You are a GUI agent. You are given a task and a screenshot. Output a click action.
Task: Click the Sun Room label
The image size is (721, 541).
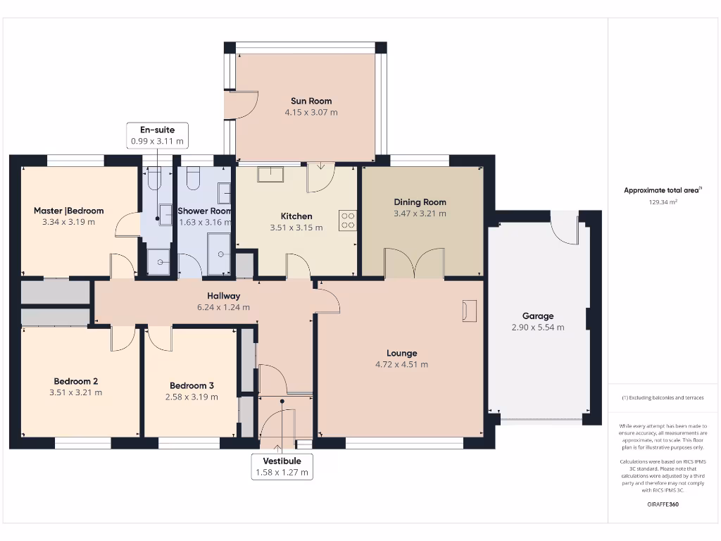[x=311, y=101]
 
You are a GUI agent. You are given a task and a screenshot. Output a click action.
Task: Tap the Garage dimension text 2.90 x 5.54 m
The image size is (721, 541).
[x=538, y=328]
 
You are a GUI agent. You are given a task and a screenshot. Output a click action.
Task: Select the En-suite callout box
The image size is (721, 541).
[x=157, y=135]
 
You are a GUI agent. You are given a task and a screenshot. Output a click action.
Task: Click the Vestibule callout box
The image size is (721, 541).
[x=282, y=466]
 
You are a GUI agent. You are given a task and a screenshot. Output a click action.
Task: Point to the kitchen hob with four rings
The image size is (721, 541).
[x=348, y=220]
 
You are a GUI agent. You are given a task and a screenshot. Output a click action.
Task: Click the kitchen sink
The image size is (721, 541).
[x=270, y=174]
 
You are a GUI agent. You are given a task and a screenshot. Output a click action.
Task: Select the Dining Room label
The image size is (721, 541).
[x=420, y=202]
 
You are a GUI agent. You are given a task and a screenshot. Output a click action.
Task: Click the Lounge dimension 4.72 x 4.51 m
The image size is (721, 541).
[x=401, y=364]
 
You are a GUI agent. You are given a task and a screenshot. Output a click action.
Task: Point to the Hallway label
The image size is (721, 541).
[x=223, y=296]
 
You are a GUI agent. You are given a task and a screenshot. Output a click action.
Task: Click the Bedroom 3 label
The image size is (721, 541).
[x=192, y=385]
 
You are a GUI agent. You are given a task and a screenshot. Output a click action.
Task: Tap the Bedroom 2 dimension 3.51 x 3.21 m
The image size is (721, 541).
[x=75, y=392]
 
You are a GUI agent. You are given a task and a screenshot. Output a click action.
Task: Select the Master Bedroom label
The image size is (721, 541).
[x=68, y=211]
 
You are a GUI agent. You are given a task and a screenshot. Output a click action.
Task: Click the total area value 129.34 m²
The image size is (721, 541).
[x=663, y=202]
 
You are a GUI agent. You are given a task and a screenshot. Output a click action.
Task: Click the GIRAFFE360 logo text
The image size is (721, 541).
[x=663, y=504]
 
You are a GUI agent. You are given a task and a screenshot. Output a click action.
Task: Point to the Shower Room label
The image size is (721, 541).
[x=204, y=211]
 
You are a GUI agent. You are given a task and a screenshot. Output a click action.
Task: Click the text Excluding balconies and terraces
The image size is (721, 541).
[x=663, y=398]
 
